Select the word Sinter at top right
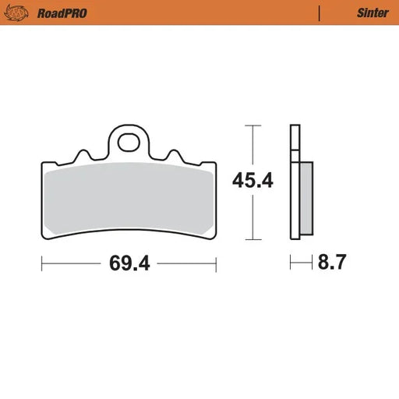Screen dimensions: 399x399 click(373, 12)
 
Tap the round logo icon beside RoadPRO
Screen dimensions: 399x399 click(18, 12)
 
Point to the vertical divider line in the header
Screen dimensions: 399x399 click(319, 12)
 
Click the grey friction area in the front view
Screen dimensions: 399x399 click(129, 199)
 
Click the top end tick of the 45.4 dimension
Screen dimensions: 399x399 click(250, 125)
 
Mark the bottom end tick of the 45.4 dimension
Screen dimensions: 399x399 click(250, 240)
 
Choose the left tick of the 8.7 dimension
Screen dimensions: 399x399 click(291, 263)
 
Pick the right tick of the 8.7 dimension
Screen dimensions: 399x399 click(312, 263)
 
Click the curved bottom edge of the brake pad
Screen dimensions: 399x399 click(129, 231)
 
